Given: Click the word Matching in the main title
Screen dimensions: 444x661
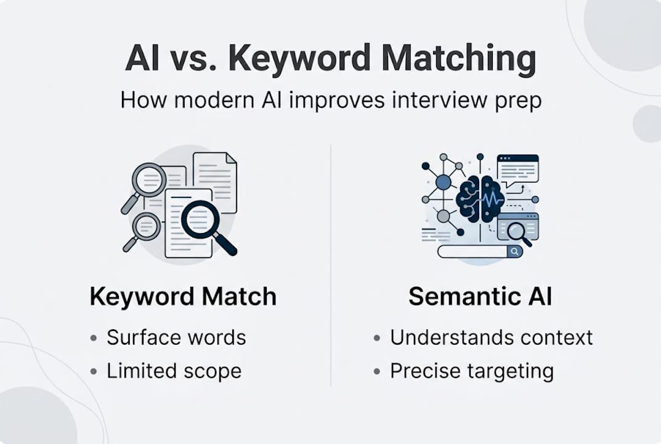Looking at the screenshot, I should (x=458, y=59).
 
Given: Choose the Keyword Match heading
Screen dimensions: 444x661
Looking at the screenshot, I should (x=183, y=297).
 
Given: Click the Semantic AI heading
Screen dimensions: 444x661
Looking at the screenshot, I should (x=480, y=297).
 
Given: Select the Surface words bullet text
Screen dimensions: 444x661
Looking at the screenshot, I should (x=176, y=338).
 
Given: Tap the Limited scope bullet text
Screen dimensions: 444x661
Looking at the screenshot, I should (x=174, y=371).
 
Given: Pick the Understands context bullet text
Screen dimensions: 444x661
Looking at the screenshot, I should (x=491, y=338).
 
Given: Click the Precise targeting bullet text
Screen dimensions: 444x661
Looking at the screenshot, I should (x=471, y=371).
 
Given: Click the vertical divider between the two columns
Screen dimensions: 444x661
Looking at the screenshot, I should (x=331, y=265).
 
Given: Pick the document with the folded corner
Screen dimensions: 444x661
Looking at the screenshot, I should (x=215, y=182).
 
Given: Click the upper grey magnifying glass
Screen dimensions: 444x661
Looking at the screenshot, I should (x=148, y=180).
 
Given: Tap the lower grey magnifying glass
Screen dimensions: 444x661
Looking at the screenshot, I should (x=145, y=227).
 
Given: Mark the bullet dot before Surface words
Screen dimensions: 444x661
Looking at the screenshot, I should (x=93, y=339).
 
